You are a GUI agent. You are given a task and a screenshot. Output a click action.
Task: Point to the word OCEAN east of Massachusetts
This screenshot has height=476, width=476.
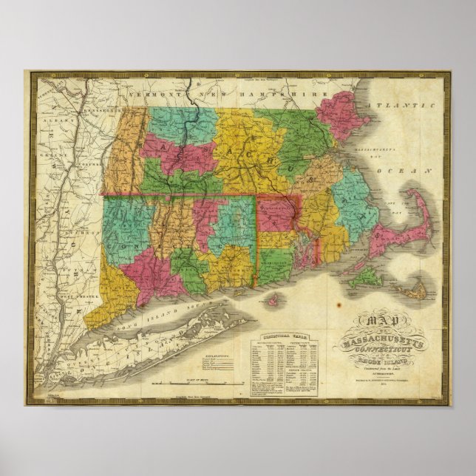[x=415, y=171]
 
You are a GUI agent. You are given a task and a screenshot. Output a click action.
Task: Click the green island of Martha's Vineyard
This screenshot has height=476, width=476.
[x=364, y=279]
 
